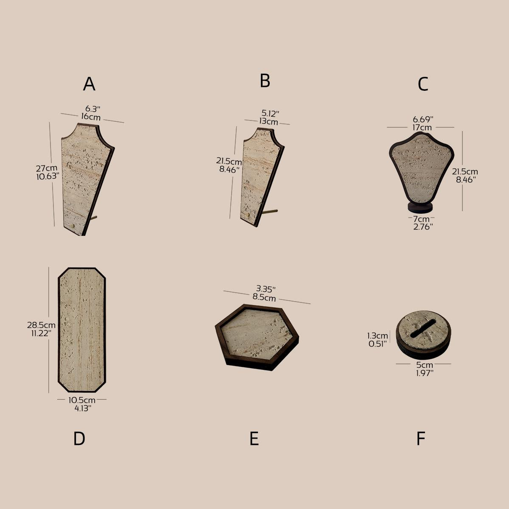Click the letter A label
point(89,84)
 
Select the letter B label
point(265,81)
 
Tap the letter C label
point(423,84)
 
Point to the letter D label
point(79,439)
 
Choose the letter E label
point(254,439)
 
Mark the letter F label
point(421,439)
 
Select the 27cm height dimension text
point(46,168)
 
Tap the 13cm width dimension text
point(269,121)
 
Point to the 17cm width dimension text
point(422,127)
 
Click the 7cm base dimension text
point(422,219)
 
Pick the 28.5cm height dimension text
point(41,325)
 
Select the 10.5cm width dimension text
point(82,400)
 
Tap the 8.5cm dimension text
point(264,297)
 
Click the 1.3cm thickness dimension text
point(378,336)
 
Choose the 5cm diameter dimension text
point(424,365)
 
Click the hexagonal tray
point(257,338)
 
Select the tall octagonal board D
point(82,330)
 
